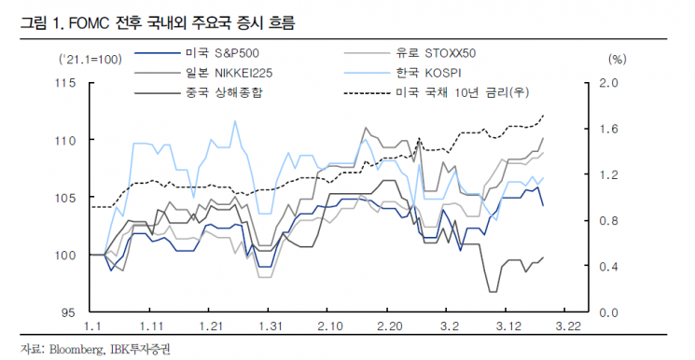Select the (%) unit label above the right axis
[618, 59]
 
